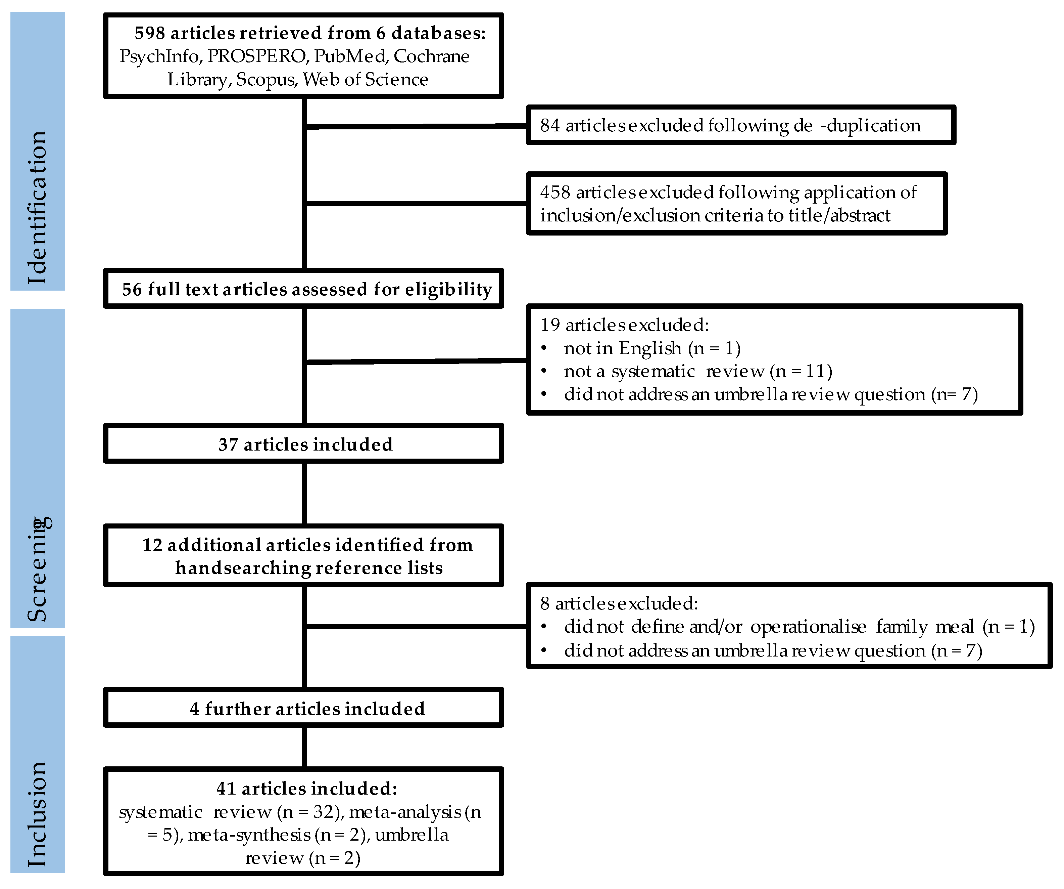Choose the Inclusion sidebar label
(x=38, y=814)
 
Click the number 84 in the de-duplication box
(x=550, y=126)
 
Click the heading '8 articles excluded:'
(x=619, y=603)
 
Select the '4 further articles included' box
(x=304, y=709)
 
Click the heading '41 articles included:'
(x=306, y=789)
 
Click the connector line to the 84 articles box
(x=416, y=126)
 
